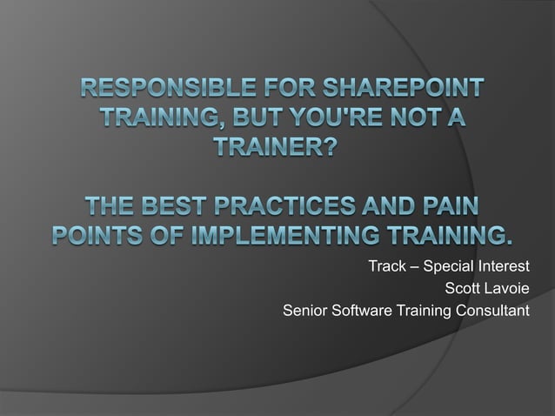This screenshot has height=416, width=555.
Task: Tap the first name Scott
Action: click(463, 287)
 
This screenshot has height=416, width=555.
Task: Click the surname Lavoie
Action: click(508, 287)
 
